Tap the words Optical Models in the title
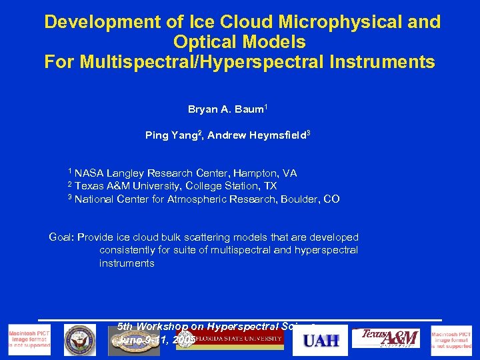click(239, 42)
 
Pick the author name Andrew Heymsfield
click(257, 135)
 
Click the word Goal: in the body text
click(62, 237)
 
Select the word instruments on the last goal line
click(127, 263)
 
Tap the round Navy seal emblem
click(81, 340)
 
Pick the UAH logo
click(321, 341)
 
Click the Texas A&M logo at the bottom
click(390, 339)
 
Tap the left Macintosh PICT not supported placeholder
click(29, 340)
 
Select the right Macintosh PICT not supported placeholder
click(451, 340)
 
